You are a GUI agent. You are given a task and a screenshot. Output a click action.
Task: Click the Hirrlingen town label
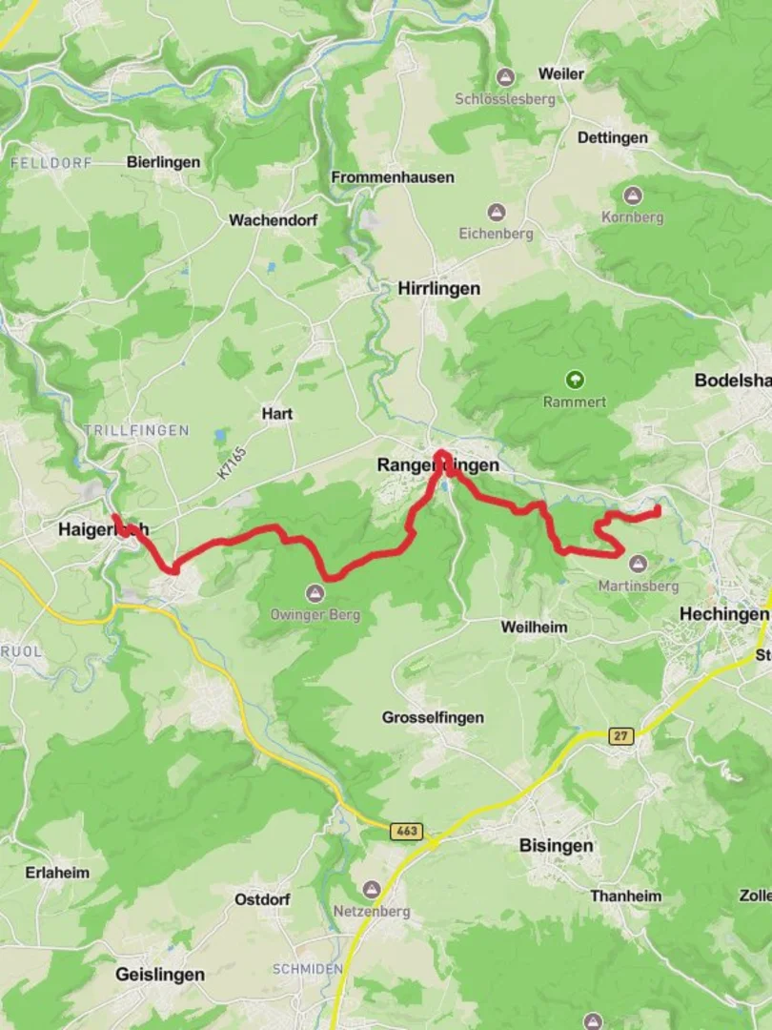(x=438, y=288)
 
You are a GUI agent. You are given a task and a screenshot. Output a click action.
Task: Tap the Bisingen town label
(x=557, y=845)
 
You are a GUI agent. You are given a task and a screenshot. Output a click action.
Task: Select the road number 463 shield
(x=406, y=832)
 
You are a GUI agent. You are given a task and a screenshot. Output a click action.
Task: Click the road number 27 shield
(x=621, y=735)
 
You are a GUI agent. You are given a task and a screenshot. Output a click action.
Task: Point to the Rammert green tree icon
(x=575, y=380)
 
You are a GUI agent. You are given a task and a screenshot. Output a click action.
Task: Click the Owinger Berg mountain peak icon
(x=315, y=593)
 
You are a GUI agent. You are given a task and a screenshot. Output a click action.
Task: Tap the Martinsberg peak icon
(x=638, y=564)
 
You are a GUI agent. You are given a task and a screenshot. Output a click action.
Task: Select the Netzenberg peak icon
(x=371, y=889)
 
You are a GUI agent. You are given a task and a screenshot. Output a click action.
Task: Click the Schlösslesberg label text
(x=504, y=98)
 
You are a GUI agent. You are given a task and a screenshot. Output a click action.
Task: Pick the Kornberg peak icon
(x=632, y=196)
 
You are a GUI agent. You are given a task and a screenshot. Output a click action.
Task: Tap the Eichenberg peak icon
(x=496, y=212)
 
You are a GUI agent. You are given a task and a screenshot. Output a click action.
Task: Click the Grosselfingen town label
(x=433, y=717)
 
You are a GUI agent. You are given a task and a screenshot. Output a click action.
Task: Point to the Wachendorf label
(x=273, y=219)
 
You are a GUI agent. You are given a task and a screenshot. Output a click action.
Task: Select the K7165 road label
(x=231, y=463)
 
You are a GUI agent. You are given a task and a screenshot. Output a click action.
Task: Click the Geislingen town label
(x=159, y=974)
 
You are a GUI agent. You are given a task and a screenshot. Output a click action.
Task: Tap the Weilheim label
(x=534, y=627)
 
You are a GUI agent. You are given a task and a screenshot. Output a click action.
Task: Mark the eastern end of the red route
(x=658, y=511)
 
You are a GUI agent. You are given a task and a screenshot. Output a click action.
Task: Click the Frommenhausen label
(x=392, y=177)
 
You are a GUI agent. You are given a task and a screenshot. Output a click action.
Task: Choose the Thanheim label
(x=625, y=896)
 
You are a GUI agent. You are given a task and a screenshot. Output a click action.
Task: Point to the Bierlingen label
(x=163, y=162)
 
